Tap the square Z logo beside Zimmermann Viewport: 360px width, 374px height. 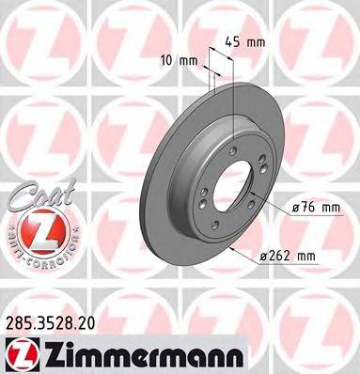[20, 352]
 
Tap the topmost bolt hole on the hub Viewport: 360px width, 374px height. [232, 149]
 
